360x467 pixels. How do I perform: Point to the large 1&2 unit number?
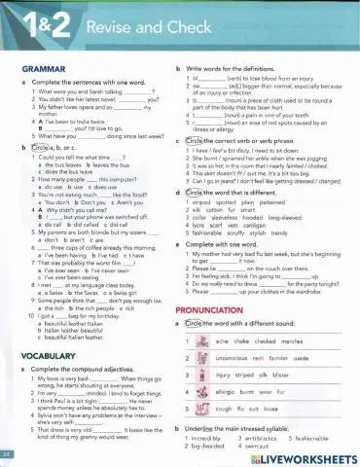click(x=39, y=27)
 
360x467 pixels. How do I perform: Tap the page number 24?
click(x=8, y=454)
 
